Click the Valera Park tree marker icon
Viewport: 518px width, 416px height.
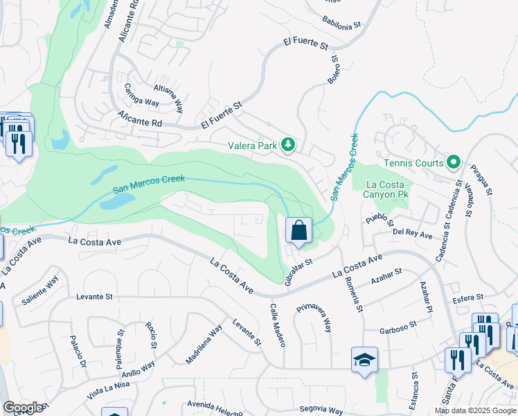288,145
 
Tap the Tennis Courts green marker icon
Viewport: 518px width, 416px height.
454,163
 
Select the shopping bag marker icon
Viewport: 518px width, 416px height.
298,229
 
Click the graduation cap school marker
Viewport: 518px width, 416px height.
364,360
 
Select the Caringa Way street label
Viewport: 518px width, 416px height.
141,95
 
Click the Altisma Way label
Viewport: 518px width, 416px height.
170,98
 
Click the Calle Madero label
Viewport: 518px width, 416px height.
277,325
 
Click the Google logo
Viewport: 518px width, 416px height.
24,407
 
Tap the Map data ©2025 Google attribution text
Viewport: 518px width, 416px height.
474,410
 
